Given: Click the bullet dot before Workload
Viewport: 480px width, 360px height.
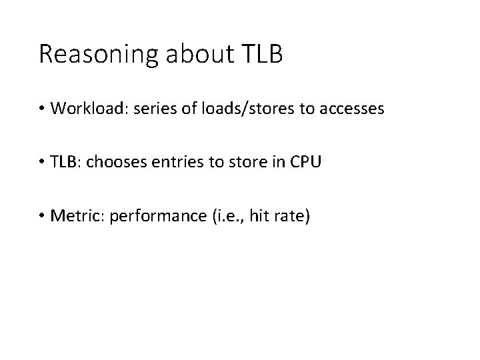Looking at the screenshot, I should (x=43, y=109).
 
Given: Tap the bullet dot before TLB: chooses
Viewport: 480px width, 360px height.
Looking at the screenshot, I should (x=43, y=162).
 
